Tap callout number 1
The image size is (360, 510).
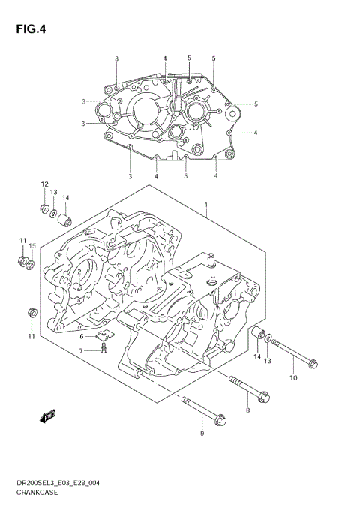point(204,204)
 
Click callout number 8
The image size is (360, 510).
point(247,409)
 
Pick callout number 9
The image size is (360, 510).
point(201,433)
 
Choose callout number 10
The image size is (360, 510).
point(293,376)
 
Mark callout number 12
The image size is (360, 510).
point(44,184)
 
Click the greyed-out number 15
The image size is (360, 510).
point(32,245)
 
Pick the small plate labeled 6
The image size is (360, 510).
point(107,334)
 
